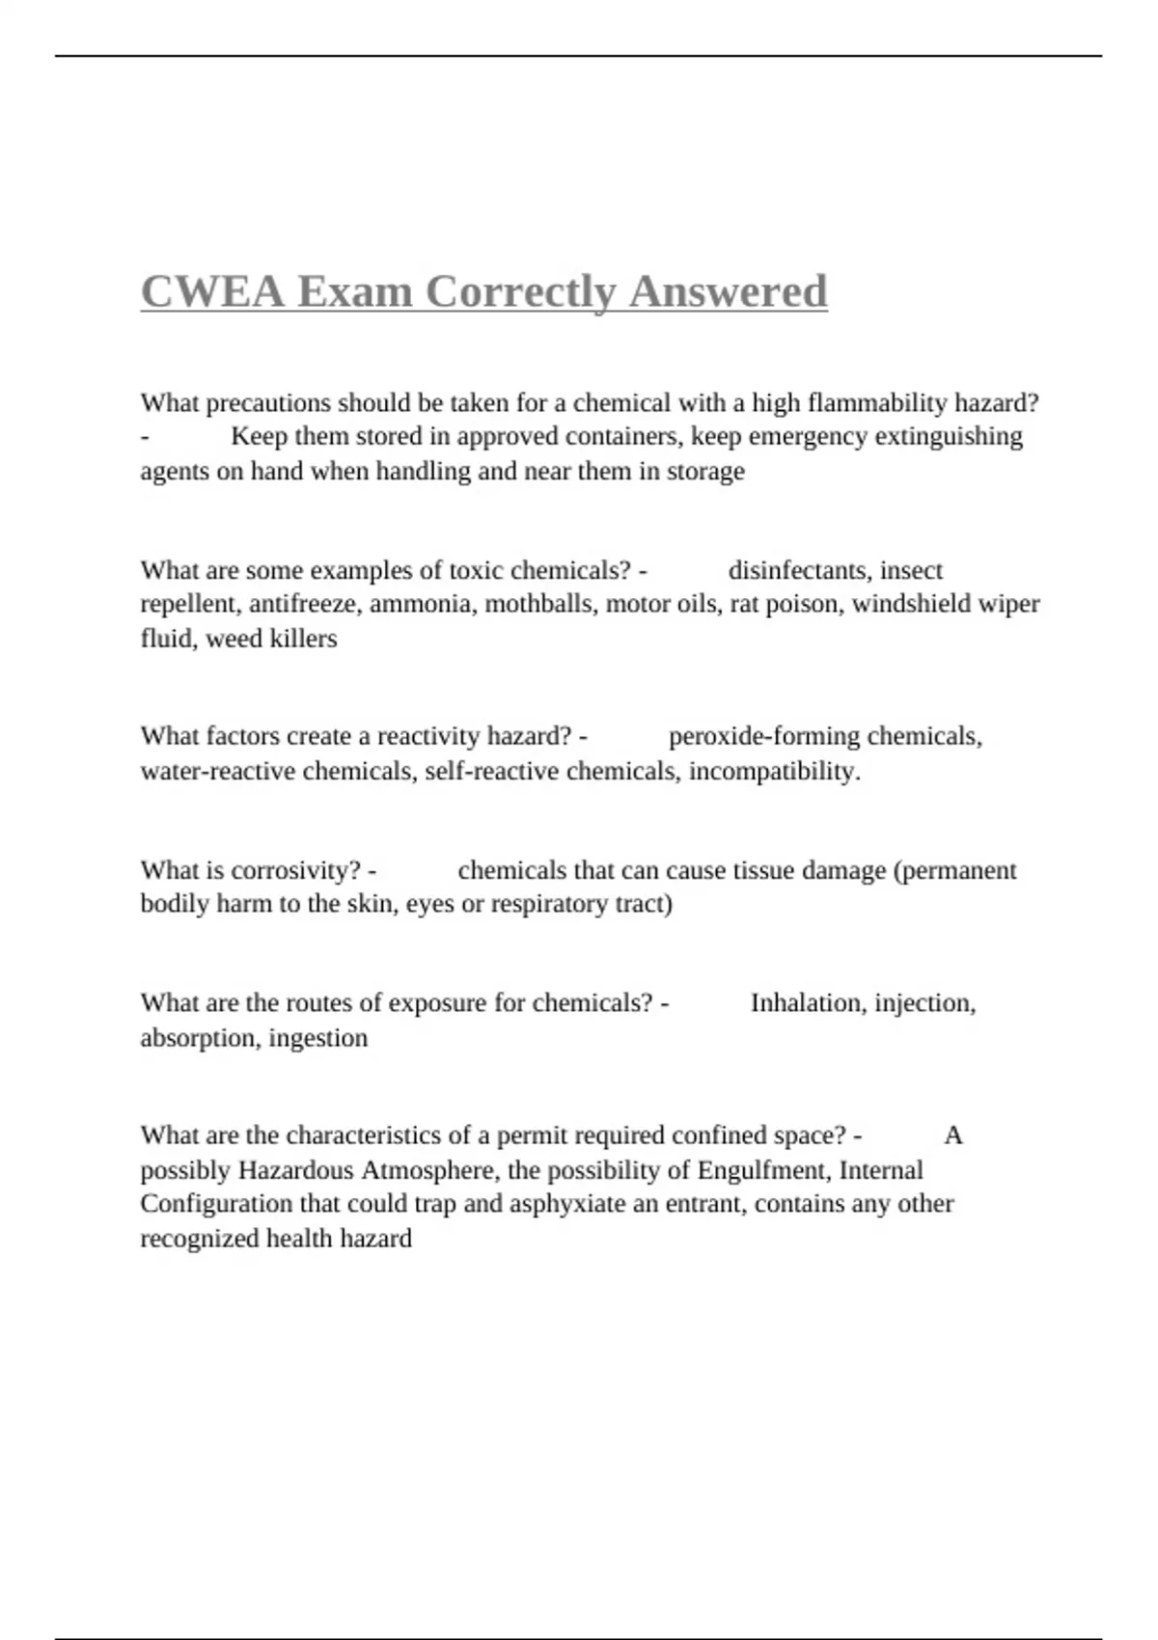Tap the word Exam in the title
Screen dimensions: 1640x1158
[x=355, y=291]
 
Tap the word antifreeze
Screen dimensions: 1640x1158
[x=306, y=604]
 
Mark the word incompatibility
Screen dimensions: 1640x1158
[x=774, y=771]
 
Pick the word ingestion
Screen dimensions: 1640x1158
[x=317, y=1038]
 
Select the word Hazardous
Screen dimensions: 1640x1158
[x=296, y=1170]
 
